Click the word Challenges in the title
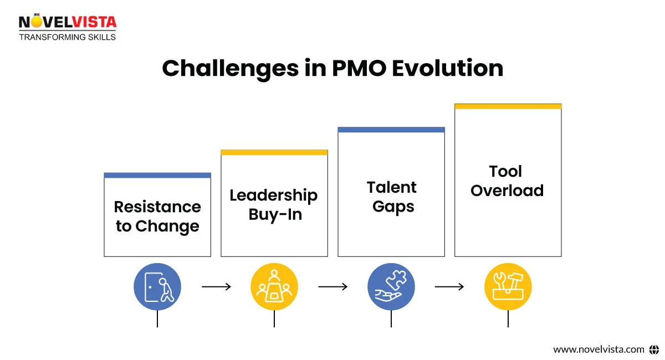(231, 69)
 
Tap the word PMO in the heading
(359, 68)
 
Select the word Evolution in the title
(448, 68)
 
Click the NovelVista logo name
(68, 22)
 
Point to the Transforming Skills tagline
(68, 37)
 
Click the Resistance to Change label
(157, 217)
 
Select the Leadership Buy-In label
(274, 205)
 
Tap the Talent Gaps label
(392, 197)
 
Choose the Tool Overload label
(507, 181)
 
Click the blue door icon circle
(157, 287)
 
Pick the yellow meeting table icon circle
(274, 287)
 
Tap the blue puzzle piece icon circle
(391, 287)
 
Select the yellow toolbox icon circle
(508, 287)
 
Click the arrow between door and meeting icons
(216, 287)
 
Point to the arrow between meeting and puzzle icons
(333, 287)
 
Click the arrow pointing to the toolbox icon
(449, 287)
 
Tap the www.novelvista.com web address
(598, 349)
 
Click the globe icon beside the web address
(654, 349)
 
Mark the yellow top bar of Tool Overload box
(508, 106)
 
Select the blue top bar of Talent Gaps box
(391, 130)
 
